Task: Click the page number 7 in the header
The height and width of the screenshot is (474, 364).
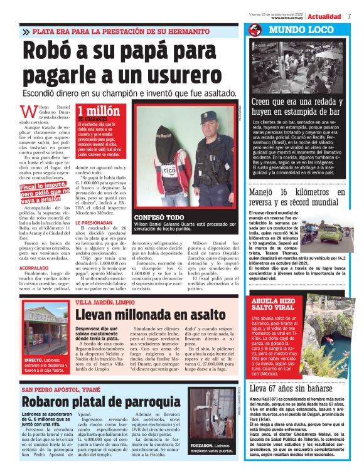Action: [x=349, y=16]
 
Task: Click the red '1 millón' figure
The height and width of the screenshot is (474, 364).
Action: [x=99, y=111]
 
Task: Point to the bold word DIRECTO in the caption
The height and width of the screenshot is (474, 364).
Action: [x=34, y=360]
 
